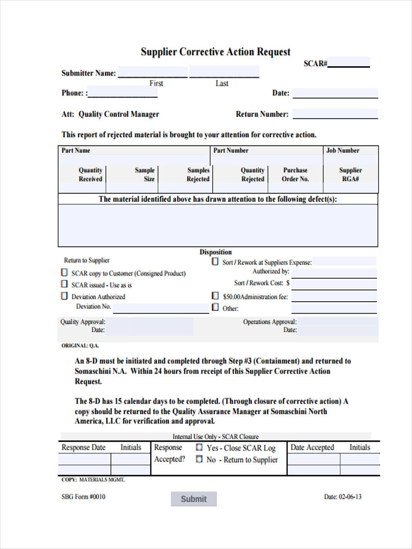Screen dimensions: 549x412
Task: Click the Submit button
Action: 194,499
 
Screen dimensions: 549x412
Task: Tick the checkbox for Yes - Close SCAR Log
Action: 199,447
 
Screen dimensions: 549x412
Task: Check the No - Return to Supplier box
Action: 199,459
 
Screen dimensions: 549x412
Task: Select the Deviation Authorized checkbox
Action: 64,296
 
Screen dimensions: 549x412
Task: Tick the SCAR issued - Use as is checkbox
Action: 64,284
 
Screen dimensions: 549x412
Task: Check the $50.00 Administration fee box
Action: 215,296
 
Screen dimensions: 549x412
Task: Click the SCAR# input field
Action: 349,63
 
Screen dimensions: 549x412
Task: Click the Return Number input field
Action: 335,114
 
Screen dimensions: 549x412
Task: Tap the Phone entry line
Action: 123,93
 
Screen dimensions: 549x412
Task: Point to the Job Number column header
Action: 342,151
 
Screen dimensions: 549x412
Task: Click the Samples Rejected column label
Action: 198,174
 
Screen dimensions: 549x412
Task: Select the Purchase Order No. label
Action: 295,174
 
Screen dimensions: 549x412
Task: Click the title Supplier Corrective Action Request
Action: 215,52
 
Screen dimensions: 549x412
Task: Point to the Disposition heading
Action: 216,252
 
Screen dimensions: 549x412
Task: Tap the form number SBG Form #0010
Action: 83,497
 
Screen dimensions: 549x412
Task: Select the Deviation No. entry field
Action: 161,307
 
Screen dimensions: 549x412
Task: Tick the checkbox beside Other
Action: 215,308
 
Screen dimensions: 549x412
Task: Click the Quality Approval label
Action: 83,322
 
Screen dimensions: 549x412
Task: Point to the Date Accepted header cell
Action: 312,447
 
